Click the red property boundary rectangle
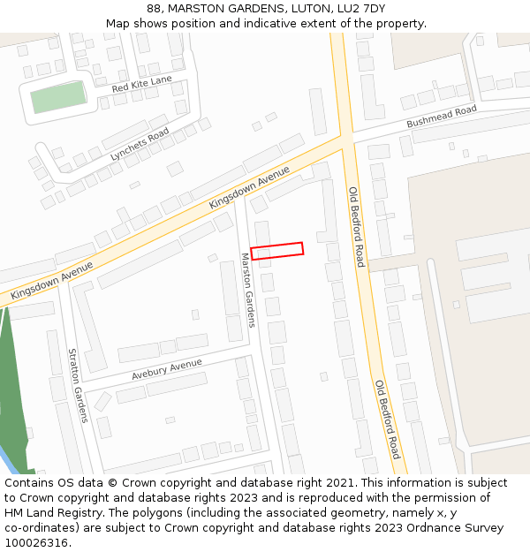pos(276,251)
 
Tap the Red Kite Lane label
pos(141,85)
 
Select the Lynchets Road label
pos(140,144)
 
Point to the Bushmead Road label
pos(441,117)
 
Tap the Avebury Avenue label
pos(167,369)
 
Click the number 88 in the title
pos(155,8)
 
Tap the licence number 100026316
pos(35,542)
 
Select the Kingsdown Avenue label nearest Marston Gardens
pos(249,187)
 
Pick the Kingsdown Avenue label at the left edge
pos(52,280)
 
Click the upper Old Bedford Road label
pos(356,227)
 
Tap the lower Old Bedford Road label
pos(387,420)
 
